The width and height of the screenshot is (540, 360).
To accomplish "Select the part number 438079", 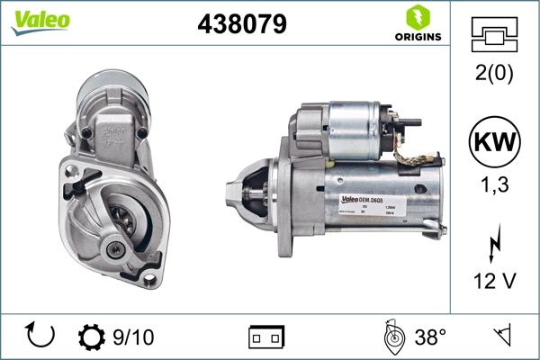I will pyautogui.click(x=241, y=24).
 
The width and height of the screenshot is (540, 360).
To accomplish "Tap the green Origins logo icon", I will pyautogui.click(x=418, y=16).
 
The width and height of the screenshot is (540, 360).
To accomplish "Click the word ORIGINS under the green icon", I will pyautogui.click(x=418, y=37).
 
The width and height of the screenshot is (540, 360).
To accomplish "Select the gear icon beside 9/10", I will pyautogui.click(x=92, y=337).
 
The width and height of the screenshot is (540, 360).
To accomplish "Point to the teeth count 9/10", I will pyautogui.click(x=133, y=337).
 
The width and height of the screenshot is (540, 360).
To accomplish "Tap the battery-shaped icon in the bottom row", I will pyautogui.click(x=266, y=337).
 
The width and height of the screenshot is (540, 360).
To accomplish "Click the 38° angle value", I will pyautogui.click(x=430, y=337).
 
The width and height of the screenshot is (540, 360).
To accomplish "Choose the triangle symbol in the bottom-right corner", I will pyautogui.click(x=504, y=336).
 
